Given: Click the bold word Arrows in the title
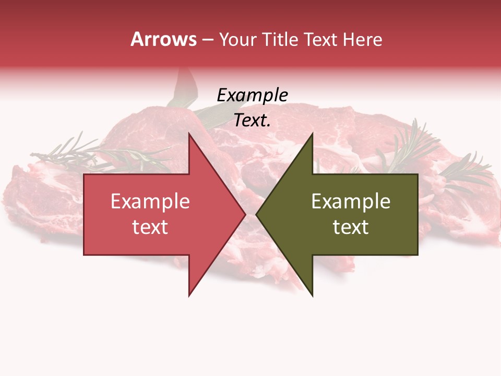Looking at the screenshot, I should [x=164, y=40].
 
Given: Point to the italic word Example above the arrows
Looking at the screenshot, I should [x=252, y=96].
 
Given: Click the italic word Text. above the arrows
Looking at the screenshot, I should [x=252, y=121].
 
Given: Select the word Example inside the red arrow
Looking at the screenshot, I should [x=150, y=202].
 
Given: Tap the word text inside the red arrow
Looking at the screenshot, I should [x=150, y=227].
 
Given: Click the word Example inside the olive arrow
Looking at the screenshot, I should [x=351, y=202].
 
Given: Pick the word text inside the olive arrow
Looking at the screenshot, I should [x=351, y=227].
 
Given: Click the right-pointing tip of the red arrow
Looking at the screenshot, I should [x=244, y=214].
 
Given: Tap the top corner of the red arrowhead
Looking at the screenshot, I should [x=189, y=134].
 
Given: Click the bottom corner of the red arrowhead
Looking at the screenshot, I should [x=189, y=295].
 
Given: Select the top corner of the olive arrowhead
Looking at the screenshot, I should [x=312, y=134].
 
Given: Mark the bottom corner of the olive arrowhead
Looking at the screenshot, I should [x=312, y=295].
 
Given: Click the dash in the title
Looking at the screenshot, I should [x=208, y=40].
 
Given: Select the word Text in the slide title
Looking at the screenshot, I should [x=320, y=40].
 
